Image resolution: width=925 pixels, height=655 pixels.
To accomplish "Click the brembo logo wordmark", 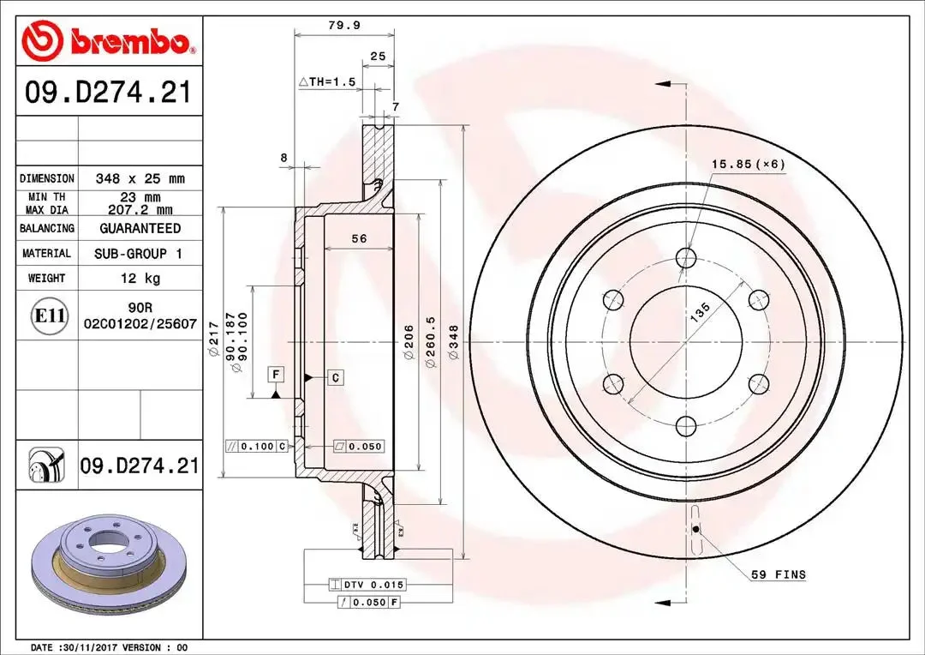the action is click(130, 41).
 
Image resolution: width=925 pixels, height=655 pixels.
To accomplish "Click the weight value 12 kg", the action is click(140, 278).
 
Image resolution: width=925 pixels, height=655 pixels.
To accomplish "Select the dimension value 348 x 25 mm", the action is click(140, 178).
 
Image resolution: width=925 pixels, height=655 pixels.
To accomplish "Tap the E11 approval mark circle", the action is click(48, 315).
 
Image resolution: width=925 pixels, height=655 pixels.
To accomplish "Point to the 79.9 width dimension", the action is click(344, 26).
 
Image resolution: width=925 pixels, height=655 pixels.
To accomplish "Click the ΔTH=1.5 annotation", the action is click(327, 82).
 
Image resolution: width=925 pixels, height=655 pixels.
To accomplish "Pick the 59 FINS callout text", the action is click(778, 574).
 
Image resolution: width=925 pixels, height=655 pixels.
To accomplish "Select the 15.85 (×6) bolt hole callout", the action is click(749, 164).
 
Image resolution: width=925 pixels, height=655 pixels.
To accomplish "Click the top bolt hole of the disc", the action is click(686, 257).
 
